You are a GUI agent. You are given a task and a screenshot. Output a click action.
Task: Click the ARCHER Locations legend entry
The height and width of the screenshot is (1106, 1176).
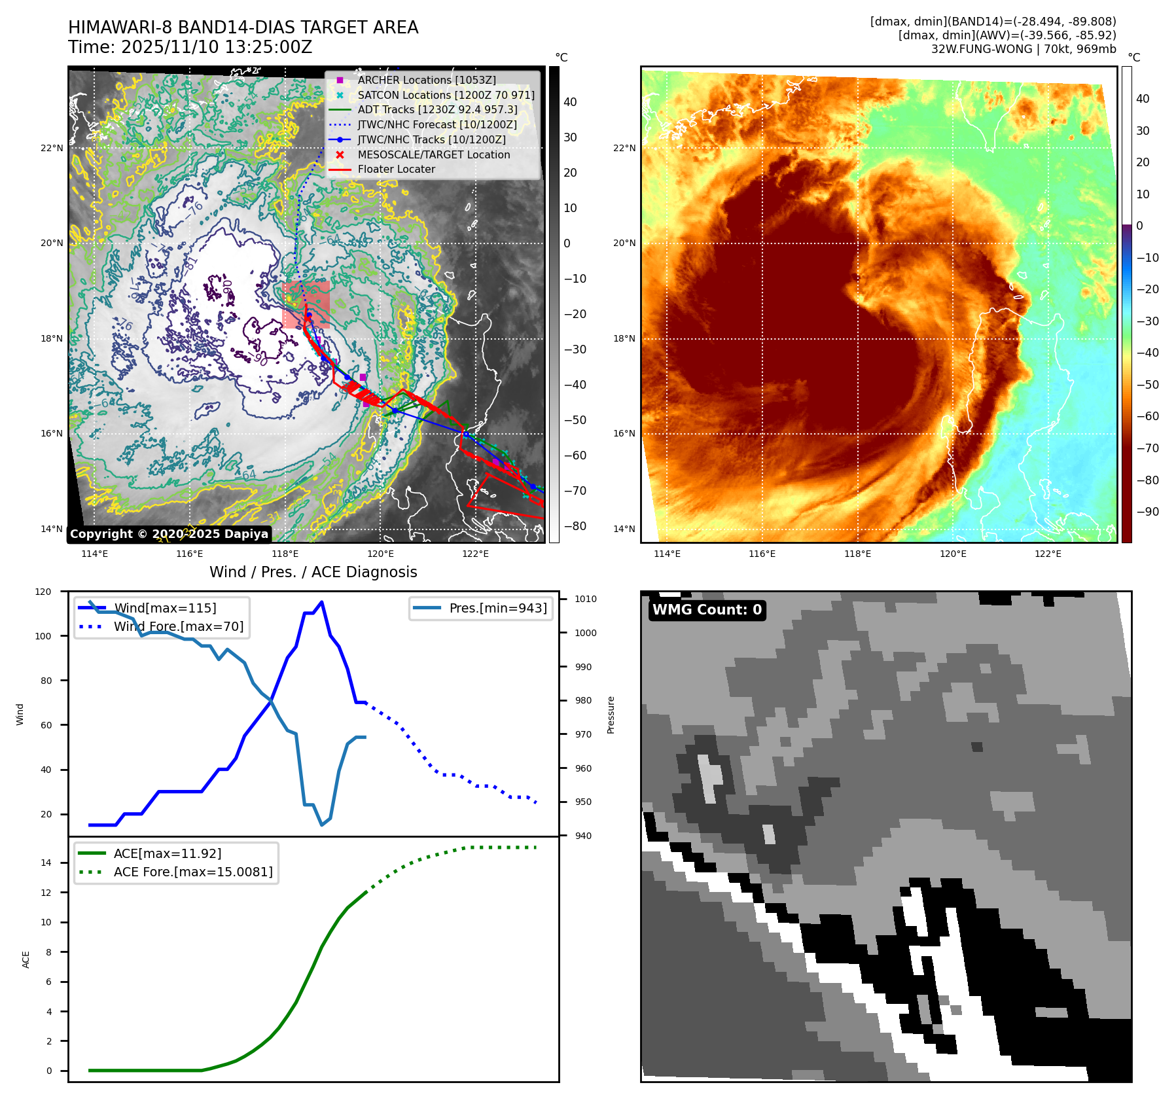pyautogui.click(x=426, y=80)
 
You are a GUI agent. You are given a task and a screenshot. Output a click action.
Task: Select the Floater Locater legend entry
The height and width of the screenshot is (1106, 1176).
pyautogui.click(x=396, y=169)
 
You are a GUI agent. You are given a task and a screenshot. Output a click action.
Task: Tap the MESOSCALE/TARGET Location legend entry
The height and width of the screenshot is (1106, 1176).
pyautogui.click(x=433, y=154)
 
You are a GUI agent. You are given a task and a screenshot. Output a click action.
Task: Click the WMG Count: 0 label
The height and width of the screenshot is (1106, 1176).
pyautogui.click(x=707, y=610)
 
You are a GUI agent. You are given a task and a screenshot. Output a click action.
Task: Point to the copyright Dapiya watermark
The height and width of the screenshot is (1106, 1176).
pyautogui.click(x=169, y=534)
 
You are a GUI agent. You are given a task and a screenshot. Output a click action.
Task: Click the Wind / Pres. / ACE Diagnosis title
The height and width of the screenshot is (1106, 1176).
pyautogui.click(x=313, y=572)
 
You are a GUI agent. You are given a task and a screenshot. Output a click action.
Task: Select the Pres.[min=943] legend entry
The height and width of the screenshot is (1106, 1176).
pyautogui.click(x=497, y=608)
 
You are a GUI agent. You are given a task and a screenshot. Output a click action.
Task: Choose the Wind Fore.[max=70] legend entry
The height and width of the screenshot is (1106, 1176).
pyautogui.click(x=178, y=626)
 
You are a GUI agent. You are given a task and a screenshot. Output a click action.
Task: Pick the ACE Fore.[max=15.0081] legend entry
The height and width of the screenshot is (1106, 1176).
pyautogui.click(x=192, y=872)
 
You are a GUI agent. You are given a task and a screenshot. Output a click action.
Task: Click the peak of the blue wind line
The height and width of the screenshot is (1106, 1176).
pyautogui.click(x=321, y=602)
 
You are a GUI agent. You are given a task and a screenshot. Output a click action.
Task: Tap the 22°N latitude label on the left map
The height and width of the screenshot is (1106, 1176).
pyautogui.click(x=52, y=148)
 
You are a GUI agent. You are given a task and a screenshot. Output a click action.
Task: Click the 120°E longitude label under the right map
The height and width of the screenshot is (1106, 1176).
pyautogui.click(x=953, y=554)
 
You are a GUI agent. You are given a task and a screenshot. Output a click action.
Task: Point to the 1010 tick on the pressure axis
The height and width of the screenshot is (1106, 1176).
pyautogui.click(x=586, y=599)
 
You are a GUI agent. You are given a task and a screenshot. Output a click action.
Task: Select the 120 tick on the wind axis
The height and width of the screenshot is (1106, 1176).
pyautogui.click(x=43, y=592)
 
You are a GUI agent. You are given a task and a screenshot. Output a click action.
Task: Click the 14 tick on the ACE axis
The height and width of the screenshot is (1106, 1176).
pyautogui.click(x=46, y=863)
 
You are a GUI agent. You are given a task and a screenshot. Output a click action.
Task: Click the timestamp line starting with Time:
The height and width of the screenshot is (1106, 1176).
pyautogui.click(x=190, y=47)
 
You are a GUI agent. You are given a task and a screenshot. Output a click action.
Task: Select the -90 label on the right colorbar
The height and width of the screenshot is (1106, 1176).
pyautogui.click(x=1148, y=512)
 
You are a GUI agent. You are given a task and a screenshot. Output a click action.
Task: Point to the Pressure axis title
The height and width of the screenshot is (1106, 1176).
pyautogui.click(x=611, y=715)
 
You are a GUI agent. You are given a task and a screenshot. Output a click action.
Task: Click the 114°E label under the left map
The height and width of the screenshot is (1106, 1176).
pyautogui.click(x=94, y=554)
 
